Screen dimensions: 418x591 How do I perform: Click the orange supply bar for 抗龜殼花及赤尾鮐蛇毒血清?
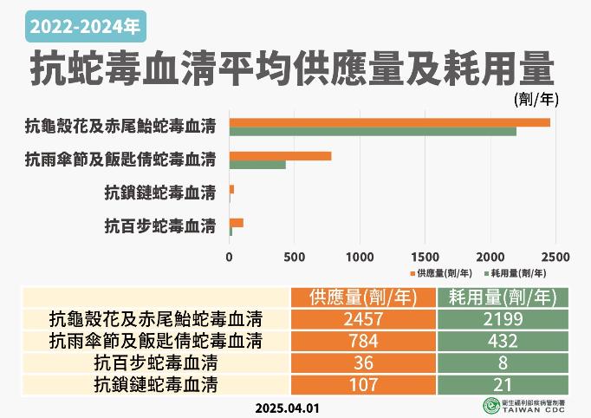[389, 122]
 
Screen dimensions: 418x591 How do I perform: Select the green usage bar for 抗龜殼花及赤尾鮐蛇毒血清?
[373, 131]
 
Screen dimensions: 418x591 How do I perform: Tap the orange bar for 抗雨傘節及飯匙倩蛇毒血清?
[280, 156]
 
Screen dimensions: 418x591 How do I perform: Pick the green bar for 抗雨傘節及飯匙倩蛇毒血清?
[257, 165]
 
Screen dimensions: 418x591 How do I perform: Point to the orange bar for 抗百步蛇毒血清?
[236, 223]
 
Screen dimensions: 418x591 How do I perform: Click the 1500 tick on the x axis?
[425, 257]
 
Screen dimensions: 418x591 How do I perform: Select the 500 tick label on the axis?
[294, 257]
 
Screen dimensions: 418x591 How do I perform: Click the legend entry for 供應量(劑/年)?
[440, 272]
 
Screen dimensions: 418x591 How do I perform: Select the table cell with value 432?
[503, 339]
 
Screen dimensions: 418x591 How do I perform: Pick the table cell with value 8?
[503, 361]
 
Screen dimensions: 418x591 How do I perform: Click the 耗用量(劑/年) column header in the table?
[503, 297]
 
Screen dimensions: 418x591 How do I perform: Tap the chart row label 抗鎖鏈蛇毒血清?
[159, 192]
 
